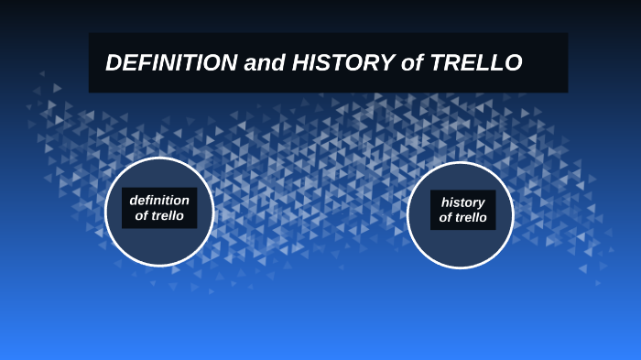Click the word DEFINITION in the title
[170, 63]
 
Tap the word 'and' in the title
[261, 63]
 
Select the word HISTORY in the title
[340, 63]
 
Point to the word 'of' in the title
[414, 63]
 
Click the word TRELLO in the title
[477, 63]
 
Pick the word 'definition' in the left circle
[159, 201]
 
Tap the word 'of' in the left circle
[141, 216]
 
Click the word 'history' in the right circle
[462, 202]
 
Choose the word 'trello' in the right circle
[472, 217]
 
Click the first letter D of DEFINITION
[114, 63]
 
